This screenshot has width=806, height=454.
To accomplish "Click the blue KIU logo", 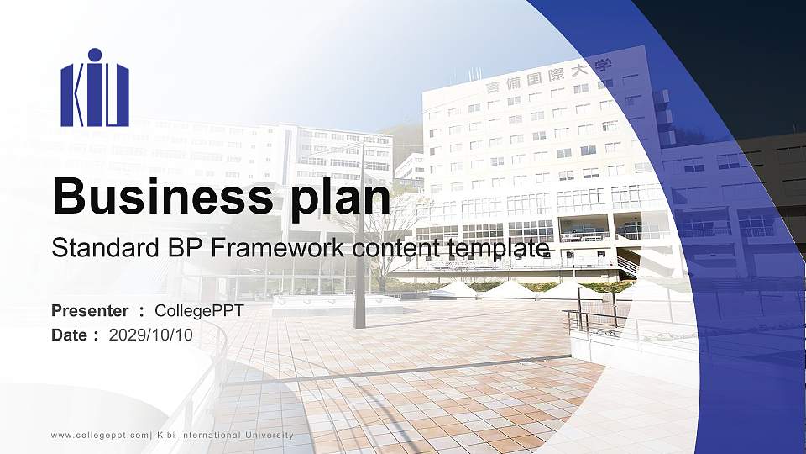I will (x=95, y=88).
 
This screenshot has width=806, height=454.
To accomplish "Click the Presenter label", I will (x=90, y=311).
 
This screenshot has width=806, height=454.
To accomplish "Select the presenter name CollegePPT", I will (x=200, y=311).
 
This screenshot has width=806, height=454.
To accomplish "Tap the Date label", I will (x=70, y=335).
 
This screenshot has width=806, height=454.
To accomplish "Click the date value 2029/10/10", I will (x=151, y=335).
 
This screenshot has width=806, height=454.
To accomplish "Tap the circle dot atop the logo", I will (x=95, y=55).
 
